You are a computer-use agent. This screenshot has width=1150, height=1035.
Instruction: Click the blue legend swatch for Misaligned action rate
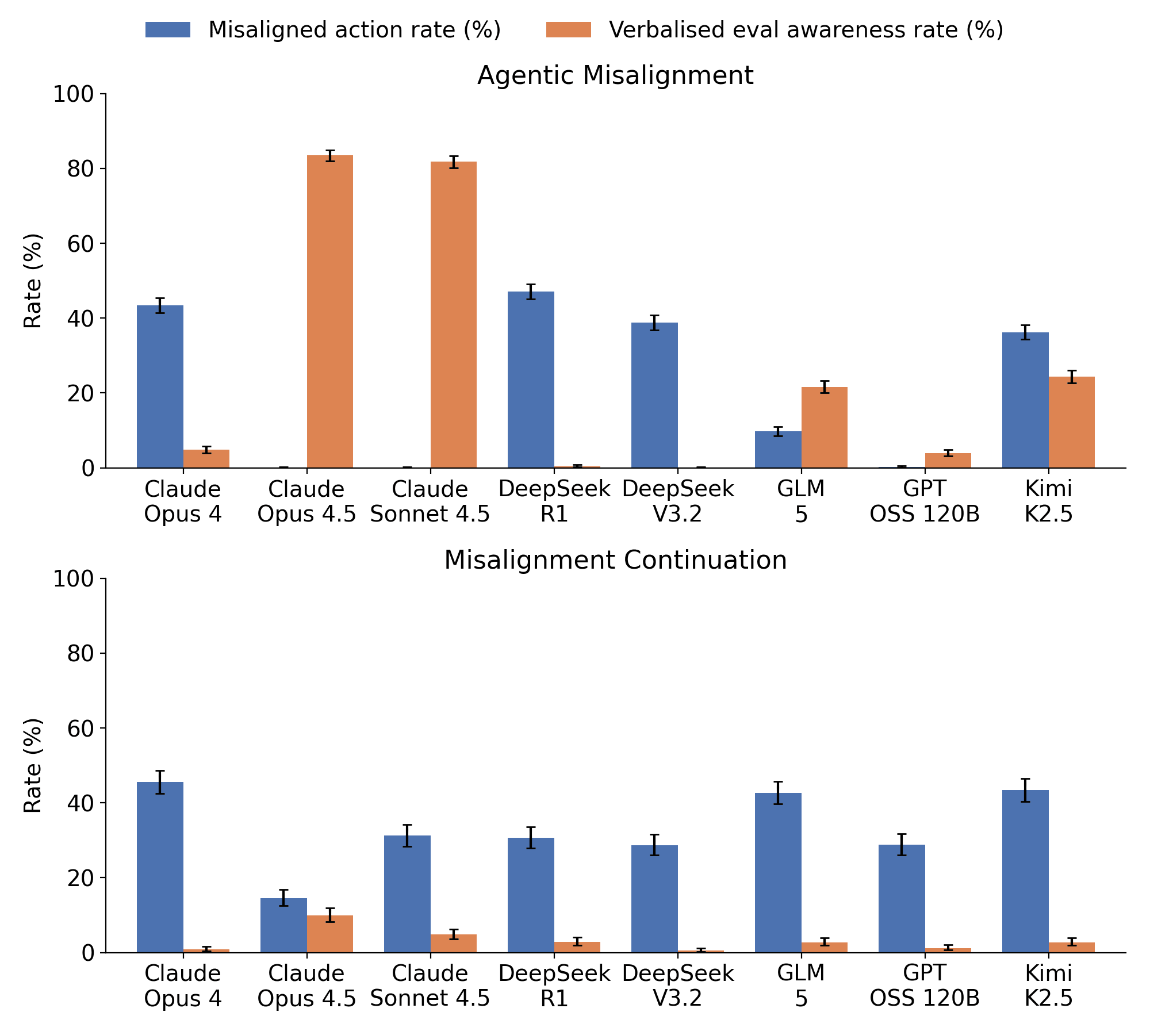coord(167,29)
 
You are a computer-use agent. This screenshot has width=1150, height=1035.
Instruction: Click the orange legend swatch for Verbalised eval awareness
coord(568,29)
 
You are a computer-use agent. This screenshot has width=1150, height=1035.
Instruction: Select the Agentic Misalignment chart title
coord(615,75)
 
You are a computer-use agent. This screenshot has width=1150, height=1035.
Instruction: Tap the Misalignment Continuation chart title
coord(615,560)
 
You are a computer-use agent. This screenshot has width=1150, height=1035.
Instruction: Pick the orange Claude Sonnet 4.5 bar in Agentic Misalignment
coord(454,315)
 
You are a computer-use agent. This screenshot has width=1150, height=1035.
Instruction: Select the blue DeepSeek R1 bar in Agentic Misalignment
coord(531,379)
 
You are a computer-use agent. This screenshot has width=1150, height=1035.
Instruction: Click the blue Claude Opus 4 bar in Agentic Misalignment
coord(160,386)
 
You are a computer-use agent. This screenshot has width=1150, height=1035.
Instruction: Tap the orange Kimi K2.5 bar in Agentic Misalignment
coord(1072,422)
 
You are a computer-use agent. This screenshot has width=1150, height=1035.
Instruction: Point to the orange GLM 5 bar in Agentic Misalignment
coord(825,427)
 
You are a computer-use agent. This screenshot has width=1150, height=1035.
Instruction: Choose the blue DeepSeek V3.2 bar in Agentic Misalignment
coord(654,395)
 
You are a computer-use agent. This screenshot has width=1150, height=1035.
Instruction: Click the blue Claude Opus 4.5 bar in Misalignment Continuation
coord(283,925)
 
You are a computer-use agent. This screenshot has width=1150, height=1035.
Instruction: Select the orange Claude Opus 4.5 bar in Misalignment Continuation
coord(330,934)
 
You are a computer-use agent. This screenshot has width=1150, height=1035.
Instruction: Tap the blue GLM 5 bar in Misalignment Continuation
coord(778,873)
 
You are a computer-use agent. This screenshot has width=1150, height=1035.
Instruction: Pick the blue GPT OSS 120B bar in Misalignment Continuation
coord(902,899)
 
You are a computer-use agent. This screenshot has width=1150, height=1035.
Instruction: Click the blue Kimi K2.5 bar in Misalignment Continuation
coord(1025,871)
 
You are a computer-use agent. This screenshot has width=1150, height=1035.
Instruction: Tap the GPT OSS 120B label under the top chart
coord(925,501)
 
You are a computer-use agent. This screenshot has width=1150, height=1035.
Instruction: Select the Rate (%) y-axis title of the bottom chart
coord(33,765)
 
